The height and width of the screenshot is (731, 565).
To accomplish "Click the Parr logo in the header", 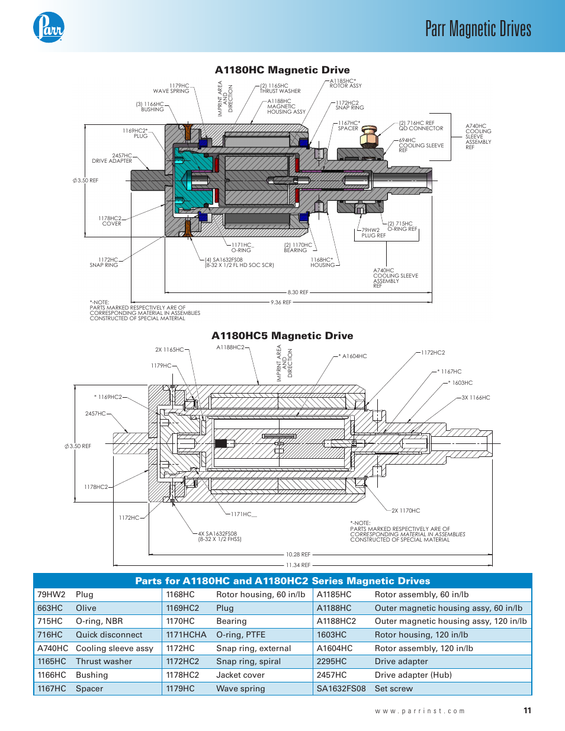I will click(x=49, y=28).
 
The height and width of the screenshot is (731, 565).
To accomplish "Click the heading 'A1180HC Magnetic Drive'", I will click(x=282, y=70).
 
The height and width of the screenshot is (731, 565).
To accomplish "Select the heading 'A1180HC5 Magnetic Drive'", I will click(x=282, y=336).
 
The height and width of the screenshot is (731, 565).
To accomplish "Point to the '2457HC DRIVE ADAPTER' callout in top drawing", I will click(x=113, y=158).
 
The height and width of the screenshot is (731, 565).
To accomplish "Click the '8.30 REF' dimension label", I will click(x=298, y=292).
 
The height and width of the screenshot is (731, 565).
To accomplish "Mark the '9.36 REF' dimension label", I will click(x=281, y=302).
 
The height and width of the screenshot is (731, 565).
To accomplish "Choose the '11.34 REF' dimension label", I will click(x=298, y=565).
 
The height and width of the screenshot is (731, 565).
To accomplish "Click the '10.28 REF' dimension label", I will click(x=298, y=555).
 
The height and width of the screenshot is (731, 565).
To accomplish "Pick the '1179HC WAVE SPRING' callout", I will click(x=172, y=88).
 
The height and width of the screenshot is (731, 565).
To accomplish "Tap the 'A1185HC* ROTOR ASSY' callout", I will click(x=345, y=83).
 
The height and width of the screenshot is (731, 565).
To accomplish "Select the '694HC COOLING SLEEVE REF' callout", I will click(x=420, y=145).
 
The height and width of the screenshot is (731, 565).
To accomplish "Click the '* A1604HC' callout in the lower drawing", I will click(x=353, y=356).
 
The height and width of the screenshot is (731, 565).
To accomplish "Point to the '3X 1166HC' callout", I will click(x=476, y=398).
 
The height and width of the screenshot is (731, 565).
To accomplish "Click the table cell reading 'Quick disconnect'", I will click(x=109, y=635).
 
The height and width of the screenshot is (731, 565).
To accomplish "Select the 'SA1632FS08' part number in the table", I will click(x=341, y=688).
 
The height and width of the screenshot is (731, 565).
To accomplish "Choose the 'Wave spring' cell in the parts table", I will click(x=240, y=688).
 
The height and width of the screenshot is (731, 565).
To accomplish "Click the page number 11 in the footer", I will click(x=527, y=710).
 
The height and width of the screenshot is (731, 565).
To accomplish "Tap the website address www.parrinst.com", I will click(x=420, y=711).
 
